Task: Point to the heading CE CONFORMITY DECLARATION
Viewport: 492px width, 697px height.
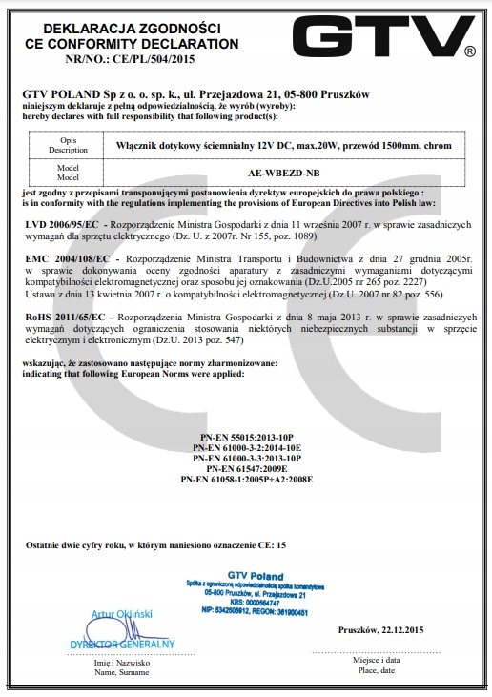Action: pyautogui.click(x=125, y=44)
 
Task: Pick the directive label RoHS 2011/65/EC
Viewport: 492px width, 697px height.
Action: pyautogui.click(x=68, y=318)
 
